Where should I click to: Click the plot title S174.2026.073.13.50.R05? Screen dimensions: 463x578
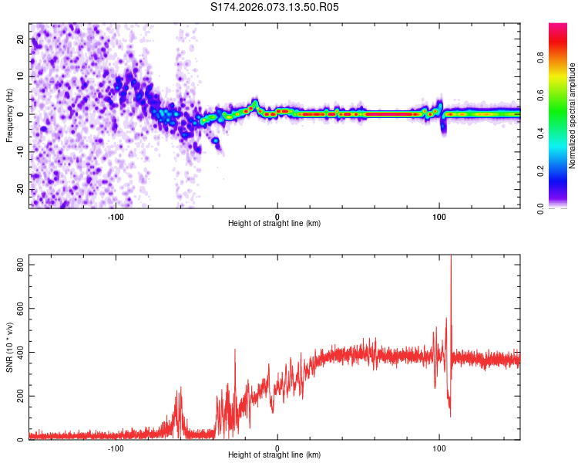point(274,8)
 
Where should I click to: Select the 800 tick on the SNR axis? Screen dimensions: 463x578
point(18,265)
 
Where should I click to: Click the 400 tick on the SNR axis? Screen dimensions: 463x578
point(18,353)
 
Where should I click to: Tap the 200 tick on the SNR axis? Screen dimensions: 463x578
point(18,397)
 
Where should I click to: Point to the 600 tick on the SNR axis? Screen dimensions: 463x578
point(18,309)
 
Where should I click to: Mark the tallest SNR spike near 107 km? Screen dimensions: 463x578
point(451,259)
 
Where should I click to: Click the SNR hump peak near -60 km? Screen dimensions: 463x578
point(180,388)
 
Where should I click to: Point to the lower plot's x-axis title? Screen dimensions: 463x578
point(274,455)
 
